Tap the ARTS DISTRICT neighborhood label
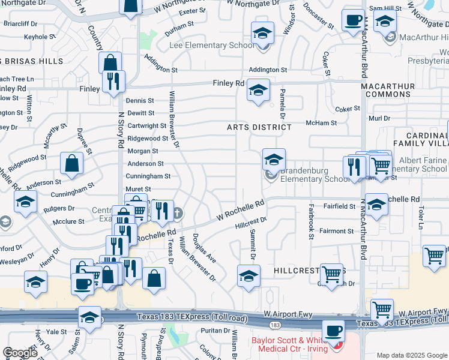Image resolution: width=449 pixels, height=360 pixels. point(259,127)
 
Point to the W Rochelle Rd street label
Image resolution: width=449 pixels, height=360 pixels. point(240,210)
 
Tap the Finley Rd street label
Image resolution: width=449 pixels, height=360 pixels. point(230,83)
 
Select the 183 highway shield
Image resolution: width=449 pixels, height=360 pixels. point(275,325)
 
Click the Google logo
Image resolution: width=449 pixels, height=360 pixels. point(20,353)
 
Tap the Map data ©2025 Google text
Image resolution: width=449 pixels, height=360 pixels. point(411,355)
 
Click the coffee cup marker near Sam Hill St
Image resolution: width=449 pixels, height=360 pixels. point(353,20)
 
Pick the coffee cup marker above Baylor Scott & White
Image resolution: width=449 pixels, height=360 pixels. point(333,331)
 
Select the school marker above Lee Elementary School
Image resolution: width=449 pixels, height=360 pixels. point(262,33)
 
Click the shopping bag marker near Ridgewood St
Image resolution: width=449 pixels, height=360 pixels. point(72,163)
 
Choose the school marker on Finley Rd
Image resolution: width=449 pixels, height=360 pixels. point(258,92)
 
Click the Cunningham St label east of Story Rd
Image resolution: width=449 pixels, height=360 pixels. point(148,176)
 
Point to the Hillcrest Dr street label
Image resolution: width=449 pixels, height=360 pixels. point(250,223)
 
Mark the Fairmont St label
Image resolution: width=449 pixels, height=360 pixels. point(336,231)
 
